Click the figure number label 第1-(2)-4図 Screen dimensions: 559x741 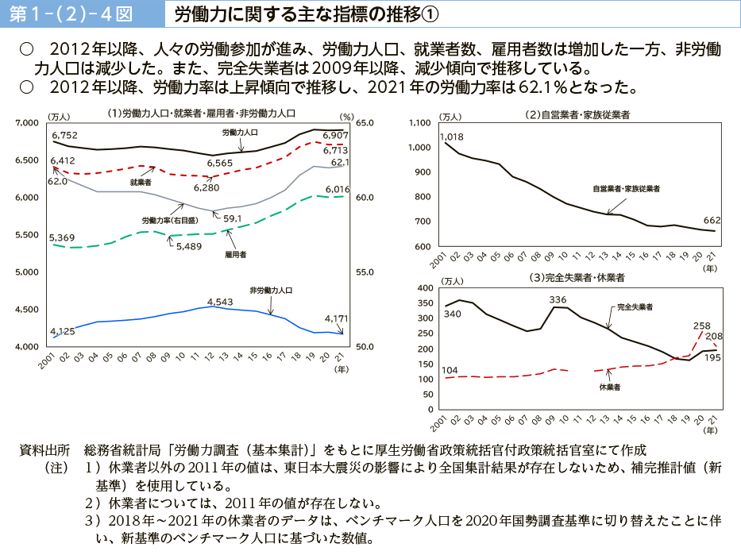[x=78, y=14]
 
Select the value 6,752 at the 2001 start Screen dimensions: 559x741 [x=64, y=135]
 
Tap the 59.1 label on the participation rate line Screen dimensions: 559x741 [x=233, y=218]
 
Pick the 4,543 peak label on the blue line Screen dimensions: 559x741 [x=219, y=302]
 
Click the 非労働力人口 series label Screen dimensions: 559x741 [x=271, y=290]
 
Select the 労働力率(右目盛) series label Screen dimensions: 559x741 [x=170, y=219]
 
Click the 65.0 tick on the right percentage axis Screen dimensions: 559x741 [x=365, y=122]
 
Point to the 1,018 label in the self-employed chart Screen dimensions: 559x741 [x=450, y=137]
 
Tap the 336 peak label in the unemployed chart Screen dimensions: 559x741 [x=558, y=299]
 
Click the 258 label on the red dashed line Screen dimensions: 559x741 [x=701, y=326]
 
